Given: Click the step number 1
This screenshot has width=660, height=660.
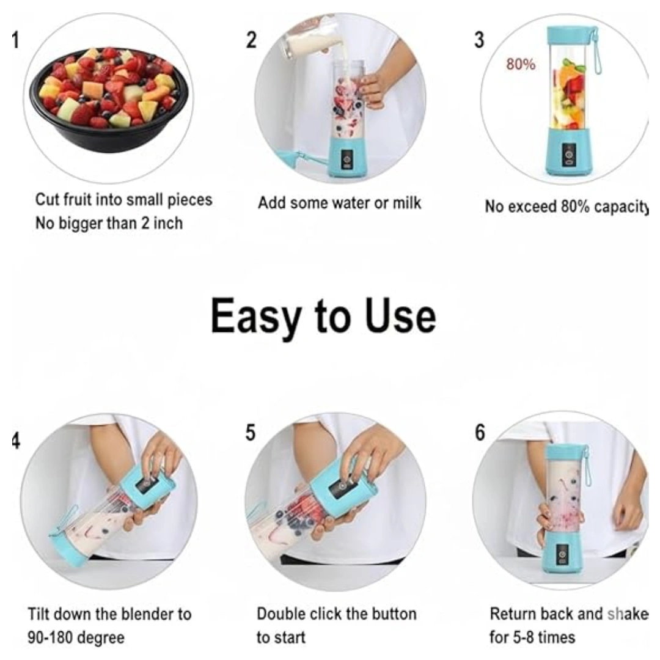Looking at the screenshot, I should (x=15, y=40).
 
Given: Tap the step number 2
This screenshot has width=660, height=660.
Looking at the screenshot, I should (x=251, y=40).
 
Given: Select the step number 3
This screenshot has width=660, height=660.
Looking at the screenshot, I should (x=479, y=40).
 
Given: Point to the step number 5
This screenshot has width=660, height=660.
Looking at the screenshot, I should (x=251, y=432).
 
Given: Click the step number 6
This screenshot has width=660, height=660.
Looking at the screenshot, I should (x=480, y=432).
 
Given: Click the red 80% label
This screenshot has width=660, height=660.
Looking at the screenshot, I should (x=520, y=64).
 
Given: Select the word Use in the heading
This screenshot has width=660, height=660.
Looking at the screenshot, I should (x=400, y=317).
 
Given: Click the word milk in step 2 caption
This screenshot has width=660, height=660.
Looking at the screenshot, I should (x=406, y=203).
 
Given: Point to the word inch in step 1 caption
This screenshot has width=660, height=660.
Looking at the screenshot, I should (x=166, y=224).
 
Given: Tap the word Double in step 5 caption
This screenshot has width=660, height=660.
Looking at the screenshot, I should (x=281, y=614).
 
